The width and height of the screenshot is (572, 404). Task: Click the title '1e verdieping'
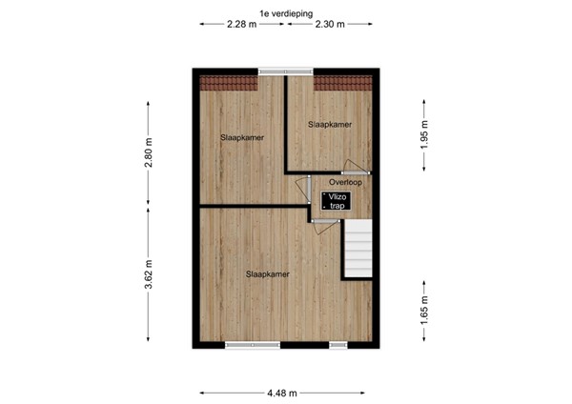point(285,12)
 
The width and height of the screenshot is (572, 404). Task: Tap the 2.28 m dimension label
point(241,25)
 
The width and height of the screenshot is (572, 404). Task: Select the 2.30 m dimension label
point(330,25)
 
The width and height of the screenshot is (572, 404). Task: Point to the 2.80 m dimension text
point(149,152)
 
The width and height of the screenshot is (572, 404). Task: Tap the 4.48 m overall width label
point(285,392)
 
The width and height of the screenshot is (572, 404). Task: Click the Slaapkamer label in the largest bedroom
point(267,274)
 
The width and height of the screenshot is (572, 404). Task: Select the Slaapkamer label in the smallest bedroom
point(330,124)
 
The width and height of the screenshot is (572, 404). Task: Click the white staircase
point(357,250)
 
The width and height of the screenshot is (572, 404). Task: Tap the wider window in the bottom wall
point(253,345)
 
